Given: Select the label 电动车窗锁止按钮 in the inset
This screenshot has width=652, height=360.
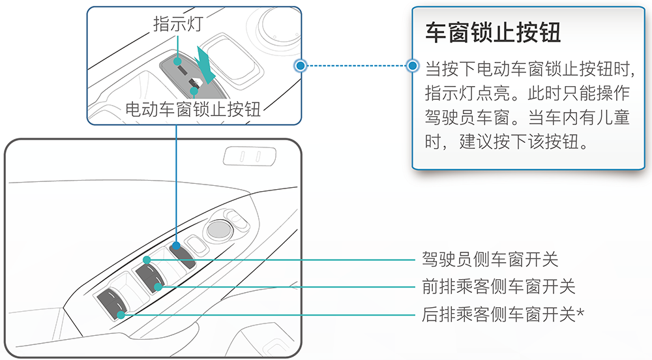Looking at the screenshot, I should click(x=193, y=109).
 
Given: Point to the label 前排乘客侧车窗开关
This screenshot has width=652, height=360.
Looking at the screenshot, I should click(x=499, y=286).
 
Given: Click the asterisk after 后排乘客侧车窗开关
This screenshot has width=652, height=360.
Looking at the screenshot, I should click(x=580, y=314).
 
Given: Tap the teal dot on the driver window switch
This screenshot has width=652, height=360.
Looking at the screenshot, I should click(x=147, y=260).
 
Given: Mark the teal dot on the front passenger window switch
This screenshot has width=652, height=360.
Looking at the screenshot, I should click(x=158, y=286).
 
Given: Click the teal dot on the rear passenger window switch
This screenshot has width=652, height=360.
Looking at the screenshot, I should click(x=122, y=315).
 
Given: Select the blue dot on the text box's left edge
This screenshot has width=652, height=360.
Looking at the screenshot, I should click(x=411, y=66).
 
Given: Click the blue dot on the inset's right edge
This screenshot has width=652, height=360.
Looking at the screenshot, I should click(x=300, y=66).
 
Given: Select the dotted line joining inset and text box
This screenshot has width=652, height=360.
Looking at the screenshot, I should click(x=355, y=66).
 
